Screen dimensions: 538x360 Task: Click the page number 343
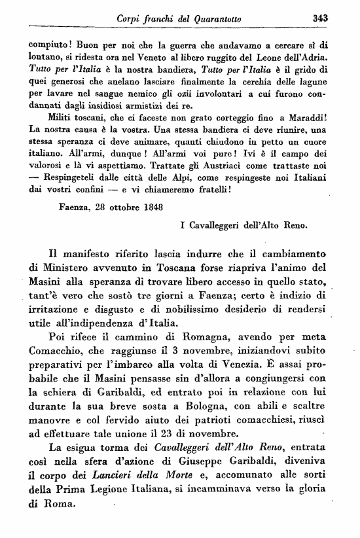[x=320, y=18]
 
